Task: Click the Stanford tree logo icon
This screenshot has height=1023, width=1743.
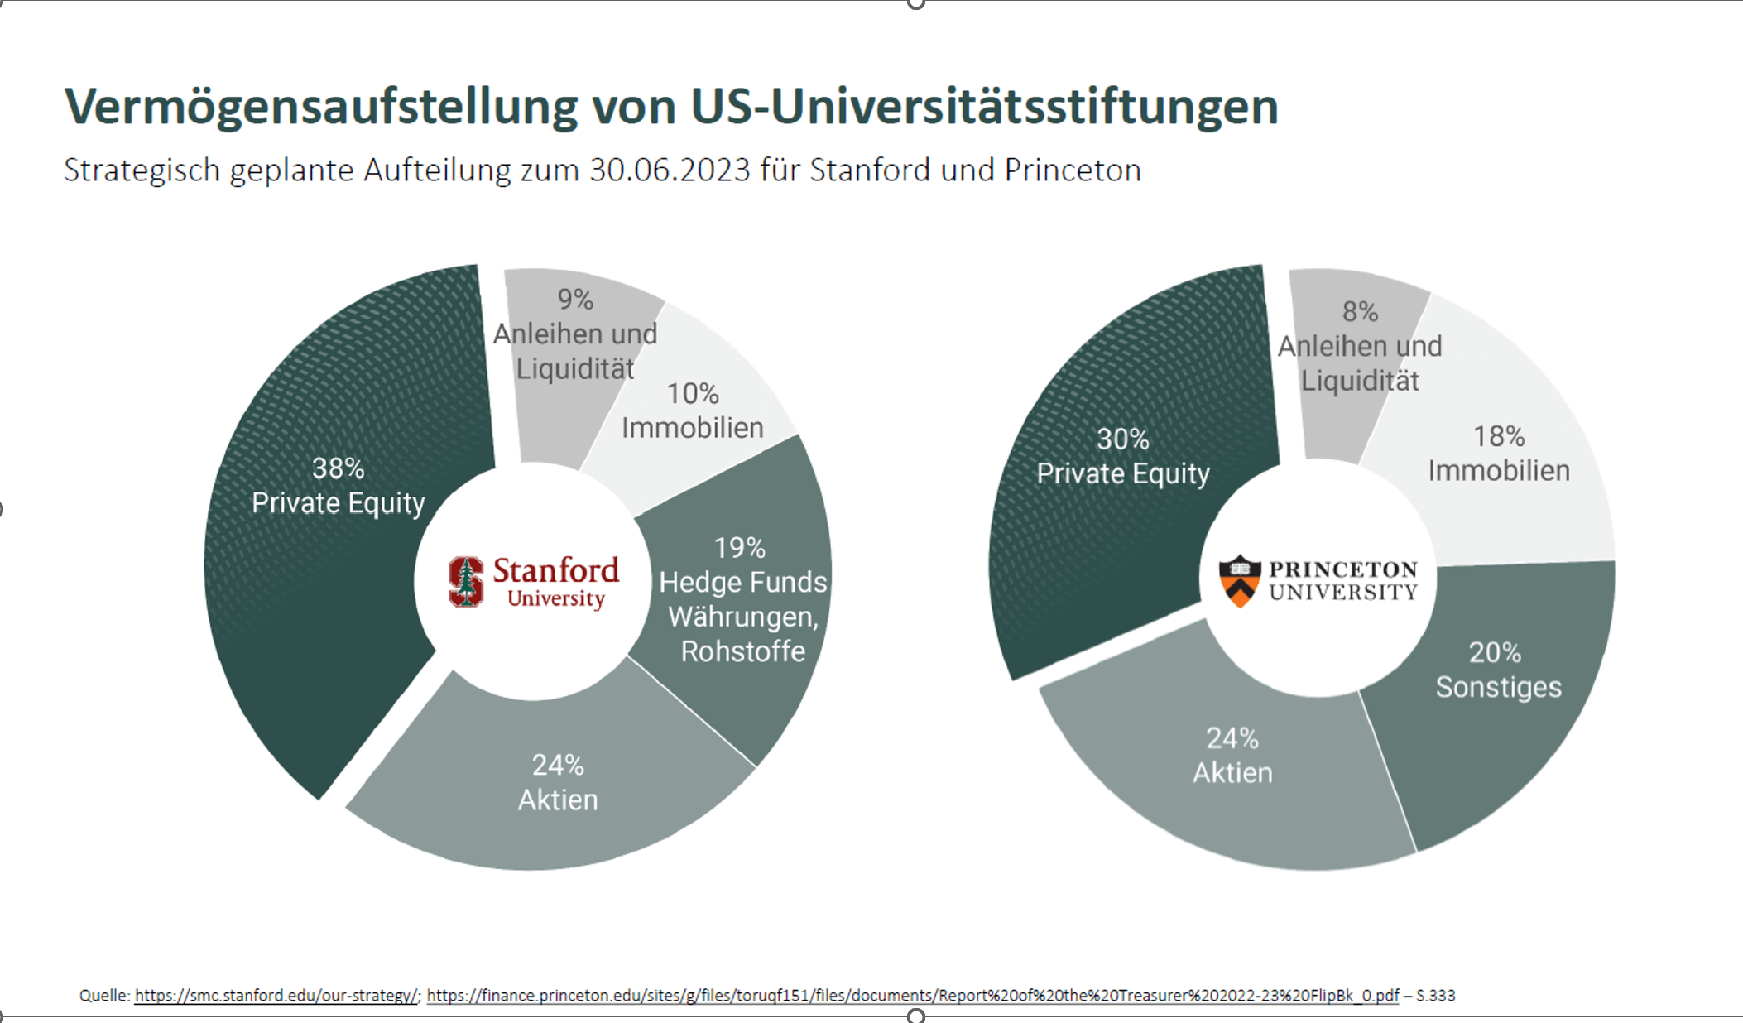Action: (466, 581)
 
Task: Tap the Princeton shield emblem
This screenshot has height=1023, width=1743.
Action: (1239, 581)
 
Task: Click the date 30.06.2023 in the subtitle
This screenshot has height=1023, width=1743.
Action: (670, 170)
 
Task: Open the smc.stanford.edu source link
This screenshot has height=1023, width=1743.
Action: (276, 996)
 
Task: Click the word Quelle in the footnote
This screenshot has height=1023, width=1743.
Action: (103, 996)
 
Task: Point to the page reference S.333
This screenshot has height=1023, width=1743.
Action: (1435, 996)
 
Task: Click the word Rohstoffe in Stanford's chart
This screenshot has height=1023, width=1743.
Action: (742, 651)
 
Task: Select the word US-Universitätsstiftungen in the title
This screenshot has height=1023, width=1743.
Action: (984, 108)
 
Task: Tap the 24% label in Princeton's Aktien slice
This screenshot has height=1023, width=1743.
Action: (1232, 738)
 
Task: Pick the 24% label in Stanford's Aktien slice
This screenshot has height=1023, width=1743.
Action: (558, 766)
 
